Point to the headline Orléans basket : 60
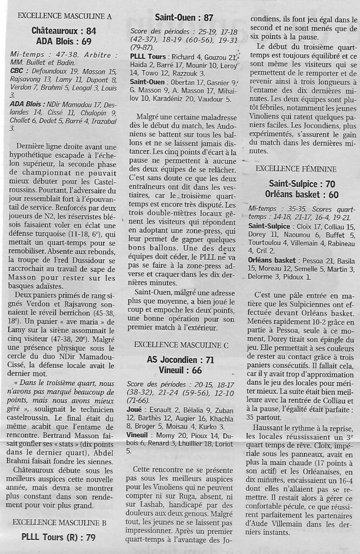tap(301, 194)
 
